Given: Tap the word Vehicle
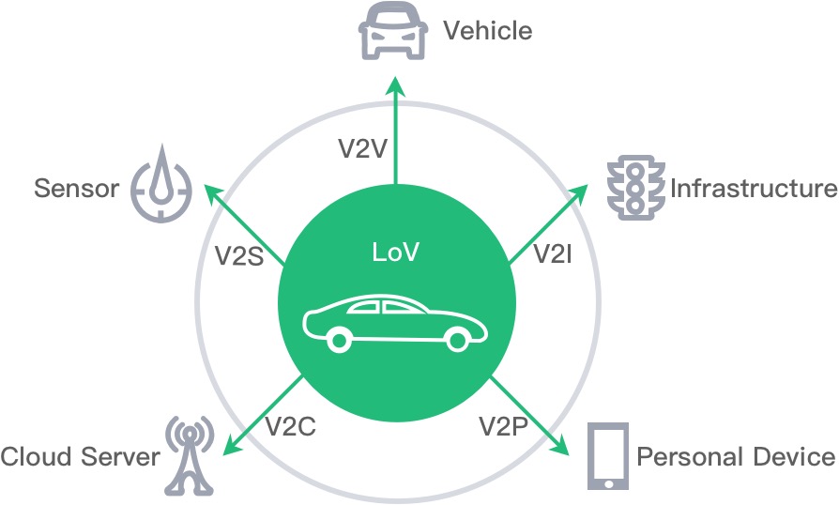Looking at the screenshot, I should click(x=487, y=31).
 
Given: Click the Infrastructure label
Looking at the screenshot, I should click(x=753, y=188).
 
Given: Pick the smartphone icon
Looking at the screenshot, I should click(x=607, y=456).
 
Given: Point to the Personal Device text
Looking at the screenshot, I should click(x=736, y=457).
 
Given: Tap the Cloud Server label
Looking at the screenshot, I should click(x=80, y=457).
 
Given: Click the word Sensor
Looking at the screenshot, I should click(x=77, y=189).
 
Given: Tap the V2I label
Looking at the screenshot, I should click(x=552, y=252).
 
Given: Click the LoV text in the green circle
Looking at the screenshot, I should click(x=395, y=253).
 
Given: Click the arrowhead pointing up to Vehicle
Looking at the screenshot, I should click(x=395, y=85).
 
